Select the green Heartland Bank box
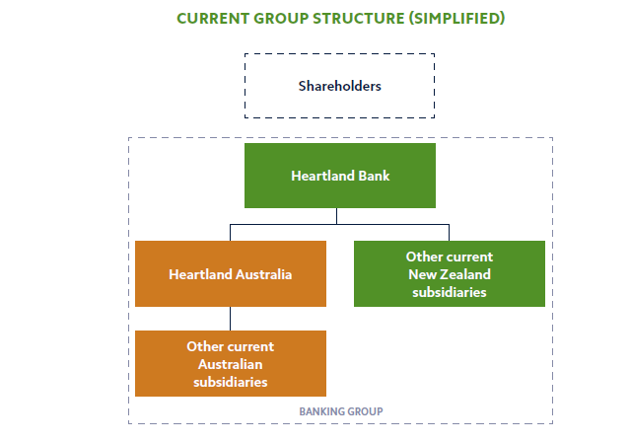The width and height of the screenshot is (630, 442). coord(339,176)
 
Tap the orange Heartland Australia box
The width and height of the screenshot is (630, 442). coord(230,273)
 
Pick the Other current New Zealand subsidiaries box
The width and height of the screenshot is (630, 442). coord(449,273)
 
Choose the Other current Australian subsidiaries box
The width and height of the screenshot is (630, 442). coord(230,363)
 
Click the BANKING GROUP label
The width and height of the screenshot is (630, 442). coord(340,410)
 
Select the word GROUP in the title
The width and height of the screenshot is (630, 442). coord(282,19)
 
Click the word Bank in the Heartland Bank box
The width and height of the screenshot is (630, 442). coord(370,176)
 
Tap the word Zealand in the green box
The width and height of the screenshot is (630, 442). coord(467,274)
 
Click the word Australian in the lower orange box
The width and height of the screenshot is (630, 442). coord(230,364)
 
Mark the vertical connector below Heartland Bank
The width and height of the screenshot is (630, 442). coord(336,216)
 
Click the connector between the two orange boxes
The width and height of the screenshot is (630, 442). coord(230,318)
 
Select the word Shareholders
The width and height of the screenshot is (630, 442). coord(339,86)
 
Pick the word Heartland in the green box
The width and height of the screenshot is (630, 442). coord(320,176)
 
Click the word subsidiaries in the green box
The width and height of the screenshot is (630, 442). coord(449,292)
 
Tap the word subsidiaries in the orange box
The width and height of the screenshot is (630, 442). coord(230,381)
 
